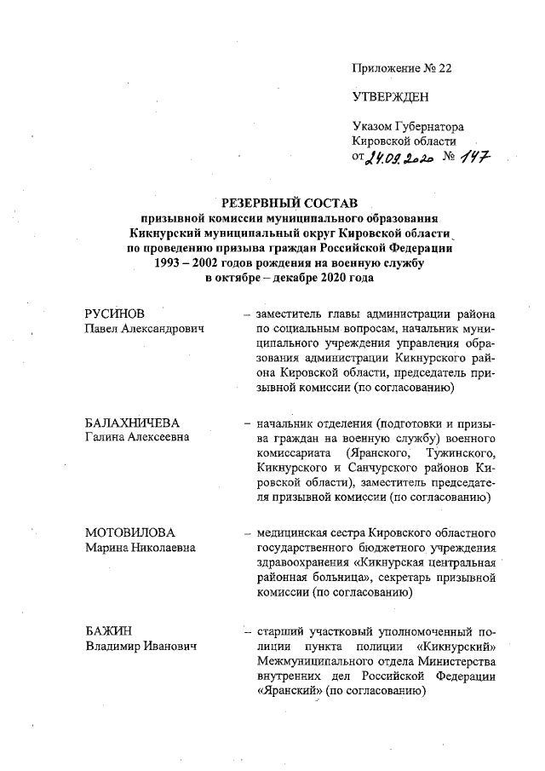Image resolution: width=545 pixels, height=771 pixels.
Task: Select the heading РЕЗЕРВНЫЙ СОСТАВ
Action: point(286,203)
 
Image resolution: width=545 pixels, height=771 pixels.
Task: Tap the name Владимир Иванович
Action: point(141,647)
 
